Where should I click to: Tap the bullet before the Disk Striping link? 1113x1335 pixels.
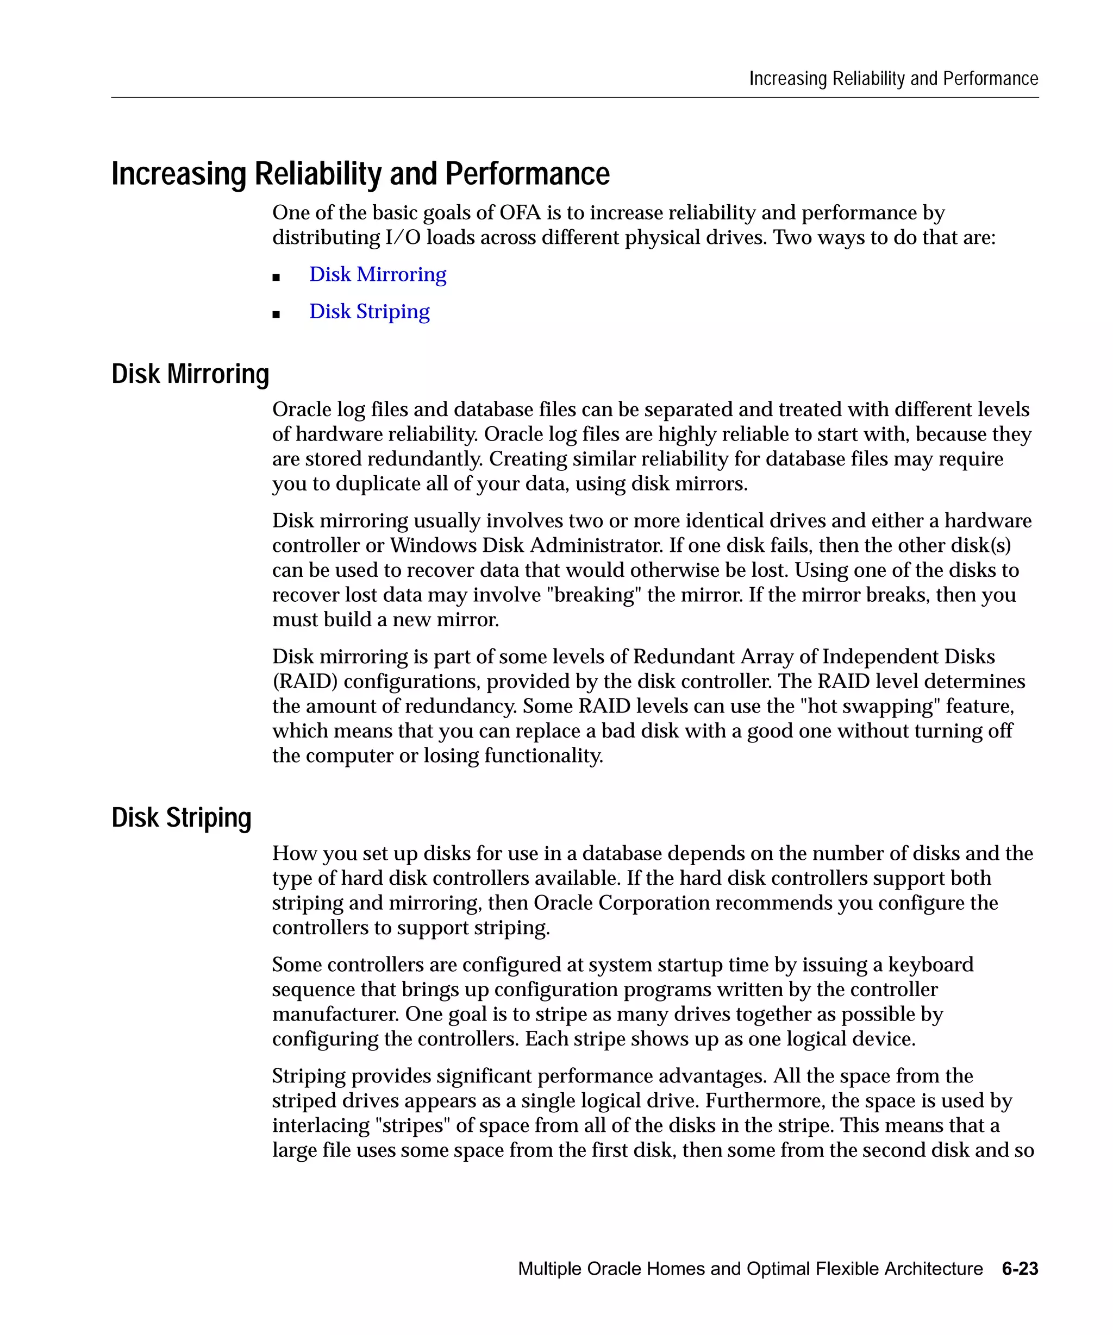click(x=276, y=314)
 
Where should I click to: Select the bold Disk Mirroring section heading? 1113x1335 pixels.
click(x=190, y=374)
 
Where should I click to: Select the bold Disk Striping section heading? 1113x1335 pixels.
click(x=182, y=817)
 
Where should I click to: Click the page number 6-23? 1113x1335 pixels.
click(x=1020, y=1268)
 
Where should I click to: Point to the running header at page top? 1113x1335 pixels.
click(x=893, y=78)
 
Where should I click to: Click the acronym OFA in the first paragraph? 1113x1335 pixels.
click(x=520, y=212)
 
